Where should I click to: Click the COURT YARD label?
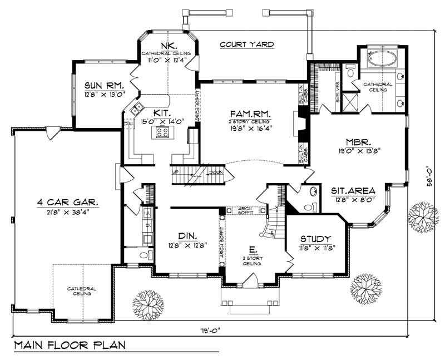point(247,44)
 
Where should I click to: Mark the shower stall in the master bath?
point(349,102)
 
